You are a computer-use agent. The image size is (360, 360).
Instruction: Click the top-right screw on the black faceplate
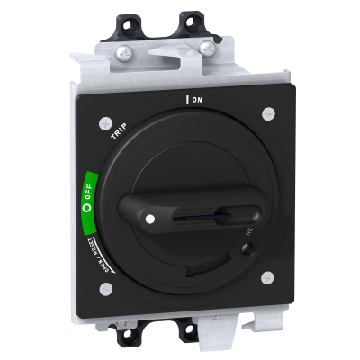(x=268, y=114)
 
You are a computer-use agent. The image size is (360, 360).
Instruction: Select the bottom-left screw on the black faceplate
(x=105, y=289)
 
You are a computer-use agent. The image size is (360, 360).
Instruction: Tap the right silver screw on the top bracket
(x=208, y=47)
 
